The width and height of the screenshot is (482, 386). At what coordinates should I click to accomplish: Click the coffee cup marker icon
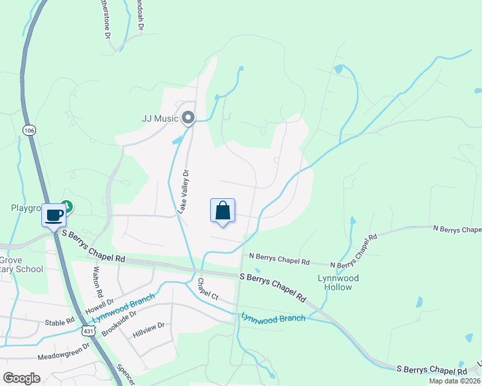53,214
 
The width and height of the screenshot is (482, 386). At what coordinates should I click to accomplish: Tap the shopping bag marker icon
222,210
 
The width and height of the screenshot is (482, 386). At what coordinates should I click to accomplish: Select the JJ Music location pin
188,118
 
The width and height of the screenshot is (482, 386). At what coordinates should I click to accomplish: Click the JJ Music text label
159,118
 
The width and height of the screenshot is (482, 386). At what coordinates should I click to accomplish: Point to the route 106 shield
29,130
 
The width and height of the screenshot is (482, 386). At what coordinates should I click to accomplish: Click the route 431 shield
88,330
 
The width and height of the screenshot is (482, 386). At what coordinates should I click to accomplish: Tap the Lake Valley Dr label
184,192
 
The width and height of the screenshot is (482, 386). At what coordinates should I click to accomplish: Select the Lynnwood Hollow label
338,282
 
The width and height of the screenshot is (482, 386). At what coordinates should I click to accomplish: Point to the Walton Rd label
98,280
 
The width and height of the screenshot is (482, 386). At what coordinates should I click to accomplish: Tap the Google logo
21,378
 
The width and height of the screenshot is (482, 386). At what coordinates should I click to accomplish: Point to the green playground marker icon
67,207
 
